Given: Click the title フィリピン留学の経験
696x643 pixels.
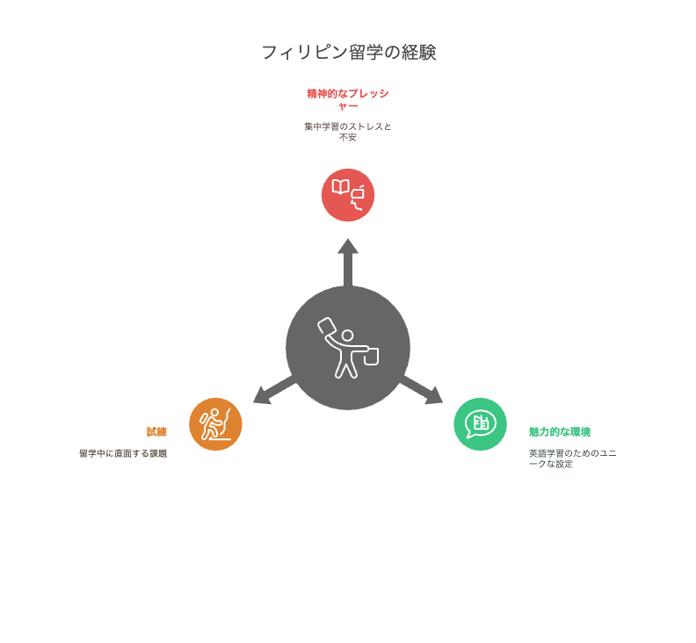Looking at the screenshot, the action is pos(349,53).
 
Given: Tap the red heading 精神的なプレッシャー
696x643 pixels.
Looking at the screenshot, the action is pos(348,100).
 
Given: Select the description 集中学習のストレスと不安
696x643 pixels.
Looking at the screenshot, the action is pos(348,132).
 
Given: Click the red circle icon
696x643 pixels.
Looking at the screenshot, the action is pos(348,195).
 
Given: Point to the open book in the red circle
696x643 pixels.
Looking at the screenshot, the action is pos(340,187).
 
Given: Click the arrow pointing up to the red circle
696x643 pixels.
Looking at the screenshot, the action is pos(348,263).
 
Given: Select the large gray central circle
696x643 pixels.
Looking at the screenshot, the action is pos(348,348).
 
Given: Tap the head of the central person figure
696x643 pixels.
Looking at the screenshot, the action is pos(347,336).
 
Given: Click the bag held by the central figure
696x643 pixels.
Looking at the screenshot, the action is pos(371,357).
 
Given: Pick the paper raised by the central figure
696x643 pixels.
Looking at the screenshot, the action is pos(327,326).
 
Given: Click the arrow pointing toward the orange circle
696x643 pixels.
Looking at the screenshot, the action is pos(274,391).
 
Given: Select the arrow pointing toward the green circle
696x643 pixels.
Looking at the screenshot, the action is pos(422,391).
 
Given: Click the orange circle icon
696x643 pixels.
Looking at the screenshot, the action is pos(215,424).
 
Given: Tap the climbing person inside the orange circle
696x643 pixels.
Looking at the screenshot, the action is pos(211,424).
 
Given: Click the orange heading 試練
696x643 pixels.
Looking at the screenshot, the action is pos(156,432).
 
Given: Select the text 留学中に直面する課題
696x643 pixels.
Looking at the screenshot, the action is pos(123,453).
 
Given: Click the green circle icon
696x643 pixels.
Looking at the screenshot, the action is pos(481,424).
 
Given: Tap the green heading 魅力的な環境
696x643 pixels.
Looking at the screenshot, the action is pos(560,432).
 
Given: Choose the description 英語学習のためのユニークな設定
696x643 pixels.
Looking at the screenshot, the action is pos(573,459).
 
